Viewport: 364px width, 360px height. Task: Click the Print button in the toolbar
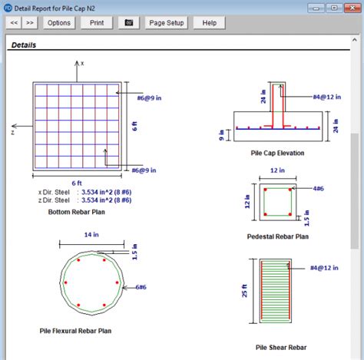click(x=97, y=23)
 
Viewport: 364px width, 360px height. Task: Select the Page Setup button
click(x=166, y=23)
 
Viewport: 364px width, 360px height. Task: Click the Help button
click(x=209, y=23)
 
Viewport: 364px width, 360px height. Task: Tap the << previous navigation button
click(x=14, y=23)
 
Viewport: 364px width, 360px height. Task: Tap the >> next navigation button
click(x=30, y=23)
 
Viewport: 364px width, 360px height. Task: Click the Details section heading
click(x=23, y=45)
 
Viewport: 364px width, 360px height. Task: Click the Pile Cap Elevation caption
click(x=277, y=153)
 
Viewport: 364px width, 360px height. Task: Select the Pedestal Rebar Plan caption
click(x=277, y=237)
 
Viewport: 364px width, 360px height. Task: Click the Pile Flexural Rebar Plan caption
click(x=78, y=331)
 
